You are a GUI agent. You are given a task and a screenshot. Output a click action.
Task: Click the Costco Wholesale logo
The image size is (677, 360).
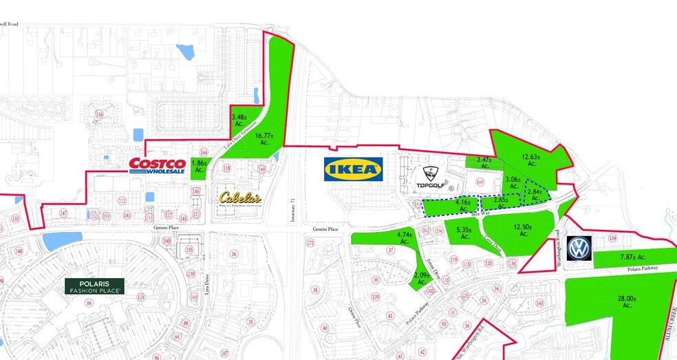tap(158, 165)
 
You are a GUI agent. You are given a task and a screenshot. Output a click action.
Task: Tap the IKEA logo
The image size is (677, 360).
tap(353, 169)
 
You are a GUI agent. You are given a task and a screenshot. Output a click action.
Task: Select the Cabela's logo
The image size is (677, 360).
tap(240, 198)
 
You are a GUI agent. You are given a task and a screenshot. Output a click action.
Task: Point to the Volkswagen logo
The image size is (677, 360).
tap(579, 249)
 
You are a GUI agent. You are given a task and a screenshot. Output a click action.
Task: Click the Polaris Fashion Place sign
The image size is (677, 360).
tap(95, 286)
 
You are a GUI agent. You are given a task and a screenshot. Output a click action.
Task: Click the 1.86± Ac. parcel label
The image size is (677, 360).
tap(199, 166)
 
